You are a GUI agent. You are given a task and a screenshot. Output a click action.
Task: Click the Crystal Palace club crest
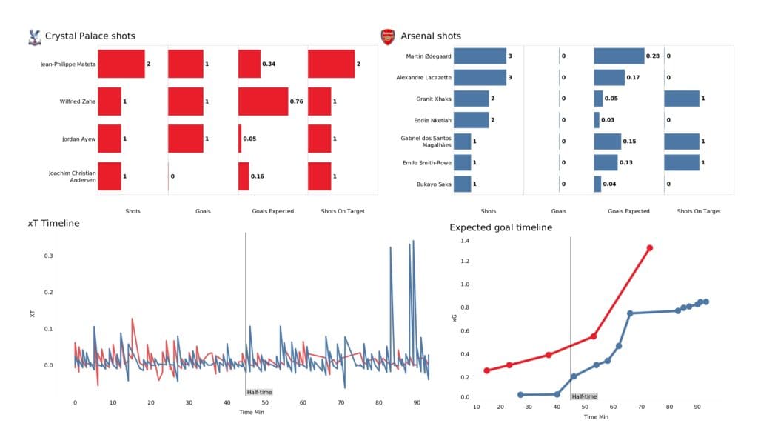coord(33,36)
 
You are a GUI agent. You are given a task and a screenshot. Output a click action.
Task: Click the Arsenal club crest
coord(387,36)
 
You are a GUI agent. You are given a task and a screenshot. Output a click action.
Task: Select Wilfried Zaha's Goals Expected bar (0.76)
coord(263,101)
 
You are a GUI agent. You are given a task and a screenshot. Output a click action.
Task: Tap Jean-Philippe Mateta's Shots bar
coord(121,64)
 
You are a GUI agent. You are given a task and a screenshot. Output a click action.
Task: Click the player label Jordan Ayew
coord(77,139)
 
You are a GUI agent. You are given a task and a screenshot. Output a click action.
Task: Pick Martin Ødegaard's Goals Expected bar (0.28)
coord(619,56)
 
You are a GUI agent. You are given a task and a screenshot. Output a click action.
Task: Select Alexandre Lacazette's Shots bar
coord(480,77)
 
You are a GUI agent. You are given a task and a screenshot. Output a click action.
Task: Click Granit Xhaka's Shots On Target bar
coord(682,99)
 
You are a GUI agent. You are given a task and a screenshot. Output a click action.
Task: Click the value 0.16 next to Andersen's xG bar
coord(258,176)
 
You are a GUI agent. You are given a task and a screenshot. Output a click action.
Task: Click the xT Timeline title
coord(53,223)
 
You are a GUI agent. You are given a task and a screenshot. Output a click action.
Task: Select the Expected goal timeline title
coord(500,227)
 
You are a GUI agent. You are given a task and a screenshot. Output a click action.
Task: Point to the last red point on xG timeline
coord(649,248)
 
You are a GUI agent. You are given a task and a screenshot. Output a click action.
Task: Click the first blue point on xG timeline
coord(520,395)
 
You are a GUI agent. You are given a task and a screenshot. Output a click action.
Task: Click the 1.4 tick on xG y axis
coord(465,241)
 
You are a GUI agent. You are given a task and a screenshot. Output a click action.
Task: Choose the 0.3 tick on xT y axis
coord(49,256)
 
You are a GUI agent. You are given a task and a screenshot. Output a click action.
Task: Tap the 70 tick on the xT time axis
coord(341,402)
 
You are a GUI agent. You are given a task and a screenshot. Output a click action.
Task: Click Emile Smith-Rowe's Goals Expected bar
coord(606,162)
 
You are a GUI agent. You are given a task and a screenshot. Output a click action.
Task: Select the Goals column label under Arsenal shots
coord(559,211)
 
